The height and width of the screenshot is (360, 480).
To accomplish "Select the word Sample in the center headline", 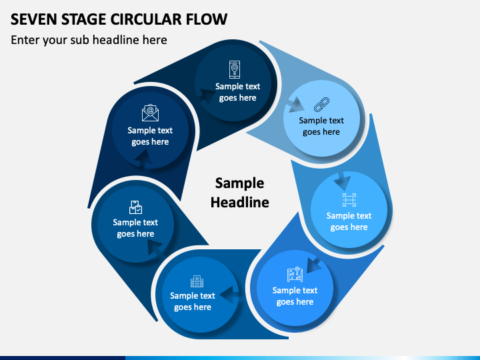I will click(239, 183).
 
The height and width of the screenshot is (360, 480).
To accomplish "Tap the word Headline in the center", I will click(239, 202).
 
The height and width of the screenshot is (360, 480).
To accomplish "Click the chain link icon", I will click(322, 104).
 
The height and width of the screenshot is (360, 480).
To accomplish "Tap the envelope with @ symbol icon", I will click(150, 113).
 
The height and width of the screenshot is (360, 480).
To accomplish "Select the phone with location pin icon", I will click(235, 69).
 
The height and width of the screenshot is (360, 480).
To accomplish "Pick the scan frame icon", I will click(349, 200).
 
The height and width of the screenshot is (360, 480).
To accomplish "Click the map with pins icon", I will click(295, 275).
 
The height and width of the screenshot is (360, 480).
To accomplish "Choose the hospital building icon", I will click(197, 281).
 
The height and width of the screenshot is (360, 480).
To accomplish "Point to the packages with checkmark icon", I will click(135, 207).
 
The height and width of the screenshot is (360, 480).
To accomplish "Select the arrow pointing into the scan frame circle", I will click(342, 181).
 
